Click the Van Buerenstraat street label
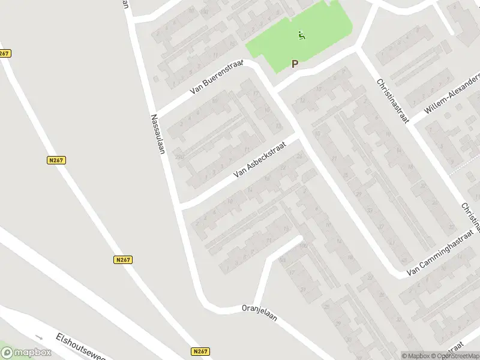tap(216, 77)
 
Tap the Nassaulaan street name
tap(158, 134)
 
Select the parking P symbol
tap(295, 64)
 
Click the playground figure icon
tap(301, 35)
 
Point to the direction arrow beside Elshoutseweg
tap(38, 337)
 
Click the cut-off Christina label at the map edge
tap(471, 217)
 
